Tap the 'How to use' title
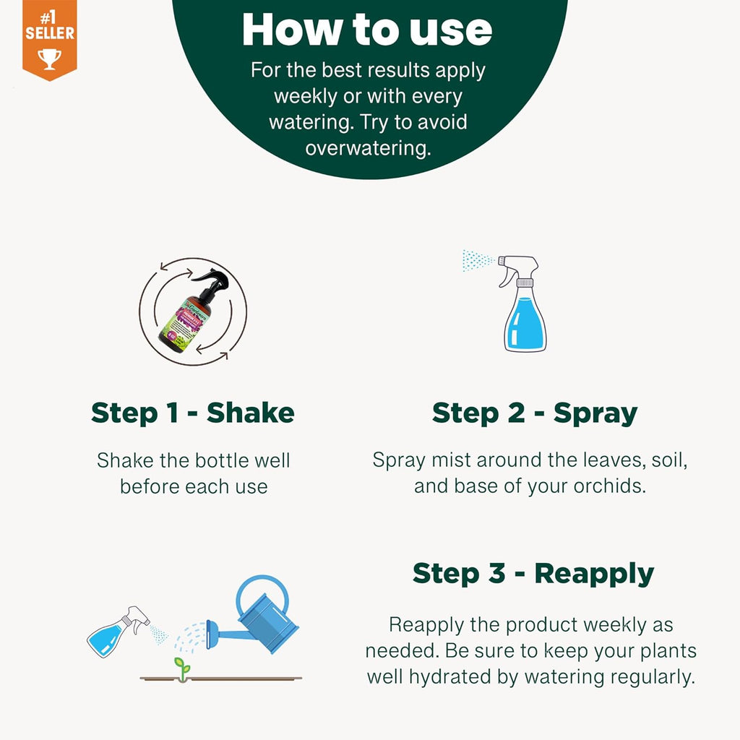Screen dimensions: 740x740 (x=367, y=30)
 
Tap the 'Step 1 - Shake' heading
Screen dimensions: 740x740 (x=193, y=413)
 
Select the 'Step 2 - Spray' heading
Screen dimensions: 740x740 (x=535, y=413)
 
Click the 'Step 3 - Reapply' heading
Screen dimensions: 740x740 (x=533, y=573)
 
